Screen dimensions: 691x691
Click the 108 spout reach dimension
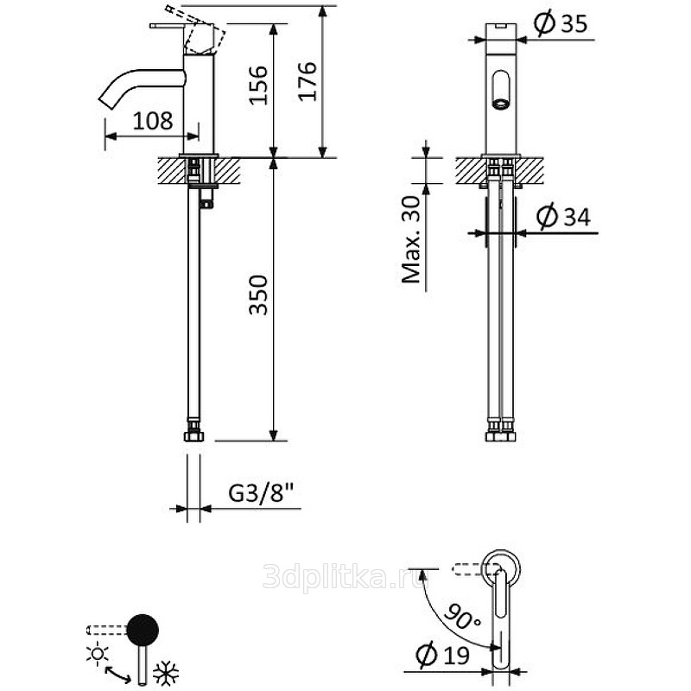[x=153, y=121]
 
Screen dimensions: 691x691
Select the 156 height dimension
[x=258, y=85]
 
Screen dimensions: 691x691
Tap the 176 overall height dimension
[x=307, y=81]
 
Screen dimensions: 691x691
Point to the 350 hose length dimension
[x=258, y=295]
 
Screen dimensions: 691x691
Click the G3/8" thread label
[x=261, y=493]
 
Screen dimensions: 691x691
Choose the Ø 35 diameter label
[x=561, y=23]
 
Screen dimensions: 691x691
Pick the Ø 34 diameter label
[x=563, y=217]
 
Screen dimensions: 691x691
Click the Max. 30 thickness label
[x=412, y=240]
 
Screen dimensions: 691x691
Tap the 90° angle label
[x=462, y=616]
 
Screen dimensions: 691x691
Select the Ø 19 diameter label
[x=442, y=655]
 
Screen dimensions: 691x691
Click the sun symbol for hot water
[x=98, y=653]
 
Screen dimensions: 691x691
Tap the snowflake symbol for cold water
[x=166, y=673]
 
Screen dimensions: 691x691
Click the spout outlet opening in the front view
[x=501, y=105]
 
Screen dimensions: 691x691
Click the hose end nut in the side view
[x=193, y=435]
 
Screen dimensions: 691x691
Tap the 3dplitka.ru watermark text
[x=345, y=575]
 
